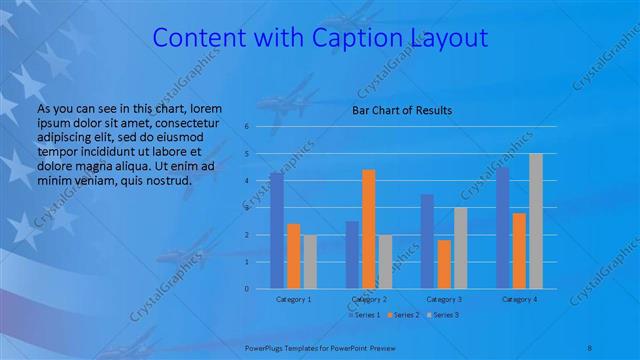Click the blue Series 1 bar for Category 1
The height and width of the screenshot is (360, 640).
tap(276, 230)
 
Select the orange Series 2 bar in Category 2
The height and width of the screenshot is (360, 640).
tap(369, 228)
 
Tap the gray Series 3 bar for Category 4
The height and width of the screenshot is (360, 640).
tap(536, 221)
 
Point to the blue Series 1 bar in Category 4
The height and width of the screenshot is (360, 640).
tap(502, 227)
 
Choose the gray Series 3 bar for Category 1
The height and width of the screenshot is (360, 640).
tap(310, 261)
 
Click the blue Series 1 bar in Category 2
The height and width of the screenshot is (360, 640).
tap(352, 254)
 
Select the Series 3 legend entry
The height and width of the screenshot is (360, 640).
tap(443, 315)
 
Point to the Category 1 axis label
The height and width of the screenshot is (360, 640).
tap(293, 299)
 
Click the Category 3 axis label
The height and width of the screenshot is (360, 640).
tap(444, 299)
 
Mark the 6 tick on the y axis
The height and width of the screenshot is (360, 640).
tap(246, 127)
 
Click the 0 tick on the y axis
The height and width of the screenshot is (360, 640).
tap(246, 289)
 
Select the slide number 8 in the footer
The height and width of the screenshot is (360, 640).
tap(590, 345)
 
